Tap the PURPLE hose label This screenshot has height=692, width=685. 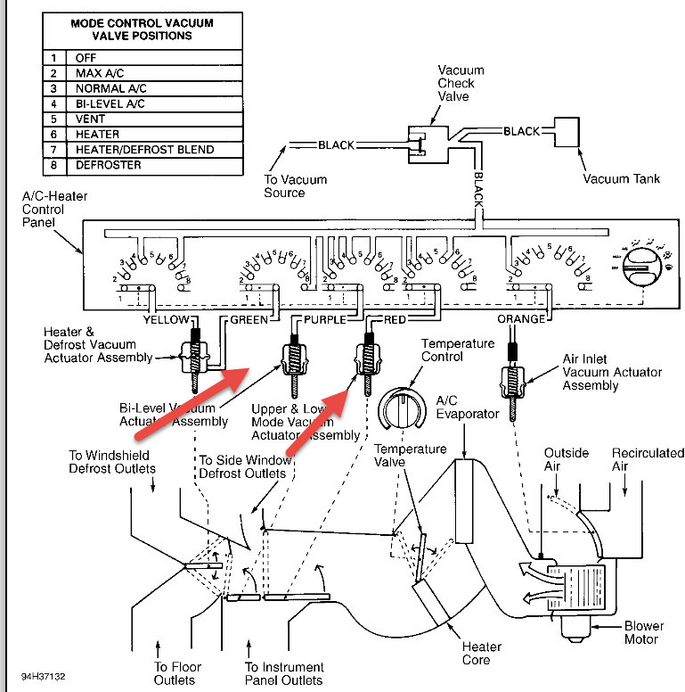[x=324, y=319]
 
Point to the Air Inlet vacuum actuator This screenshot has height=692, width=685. [x=514, y=379]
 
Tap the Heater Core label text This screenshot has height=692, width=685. [x=480, y=653]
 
